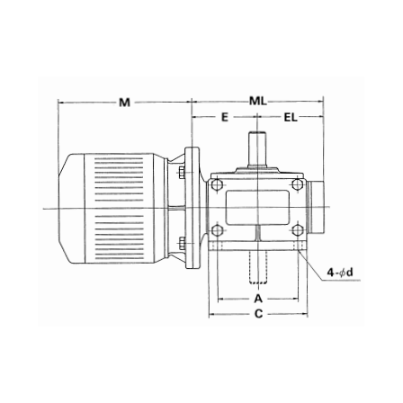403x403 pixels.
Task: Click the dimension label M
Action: pyautogui.click(x=124, y=103)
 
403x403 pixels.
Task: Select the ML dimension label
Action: pyautogui.click(x=258, y=102)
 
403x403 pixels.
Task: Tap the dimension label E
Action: pyautogui.click(x=225, y=117)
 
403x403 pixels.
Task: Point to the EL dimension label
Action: pyautogui.click(x=291, y=118)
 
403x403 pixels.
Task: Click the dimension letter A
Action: pyautogui.click(x=258, y=299)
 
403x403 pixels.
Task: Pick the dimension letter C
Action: pyautogui.click(x=258, y=314)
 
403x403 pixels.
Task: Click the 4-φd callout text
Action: pyautogui.click(x=340, y=273)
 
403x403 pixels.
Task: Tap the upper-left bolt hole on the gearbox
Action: pyautogui.click(x=217, y=184)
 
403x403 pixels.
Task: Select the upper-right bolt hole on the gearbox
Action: pyautogui.click(x=297, y=184)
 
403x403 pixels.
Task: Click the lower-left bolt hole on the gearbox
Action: pyautogui.click(x=217, y=230)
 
